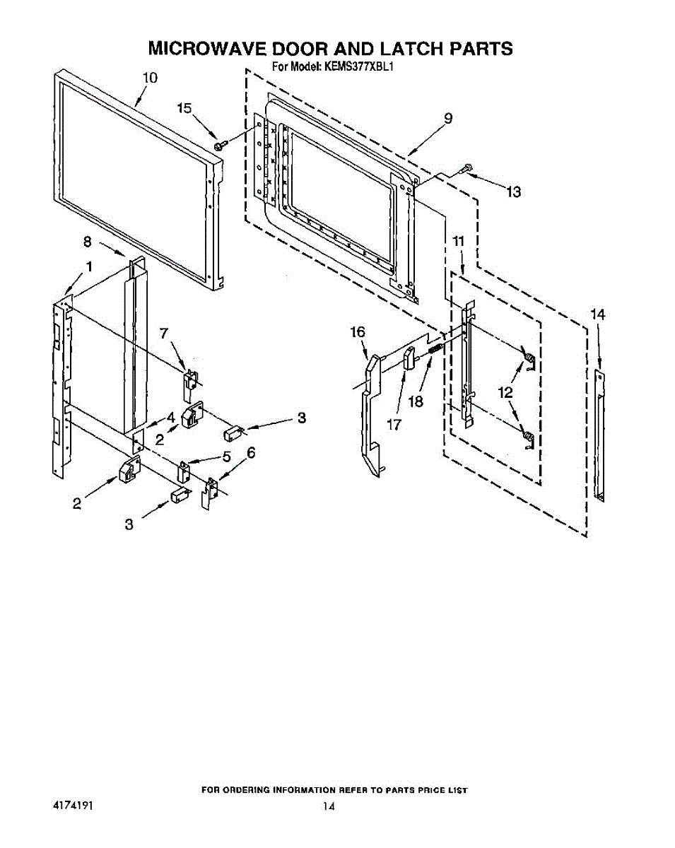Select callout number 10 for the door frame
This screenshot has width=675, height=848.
pyautogui.click(x=150, y=78)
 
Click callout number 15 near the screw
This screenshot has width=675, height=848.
pyautogui.click(x=184, y=108)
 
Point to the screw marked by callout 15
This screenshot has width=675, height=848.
pyautogui.click(x=221, y=145)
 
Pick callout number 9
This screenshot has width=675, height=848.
pyautogui.click(x=448, y=119)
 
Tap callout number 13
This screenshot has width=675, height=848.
pyautogui.click(x=514, y=192)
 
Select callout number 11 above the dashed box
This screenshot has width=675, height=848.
pyautogui.click(x=459, y=242)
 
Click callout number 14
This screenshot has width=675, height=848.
pyautogui.click(x=598, y=314)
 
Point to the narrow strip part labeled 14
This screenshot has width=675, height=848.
pyautogui.click(x=599, y=434)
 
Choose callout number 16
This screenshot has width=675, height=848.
pyautogui.click(x=358, y=331)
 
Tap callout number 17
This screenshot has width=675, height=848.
pyautogui.click(x=394, y=425)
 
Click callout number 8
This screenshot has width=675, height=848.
pyautogui.click(x=88, y=242)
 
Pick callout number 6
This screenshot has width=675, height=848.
pyautogui.click(x=251, y=452)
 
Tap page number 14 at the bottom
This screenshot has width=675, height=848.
pyautogui.click(x=329, y=806)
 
